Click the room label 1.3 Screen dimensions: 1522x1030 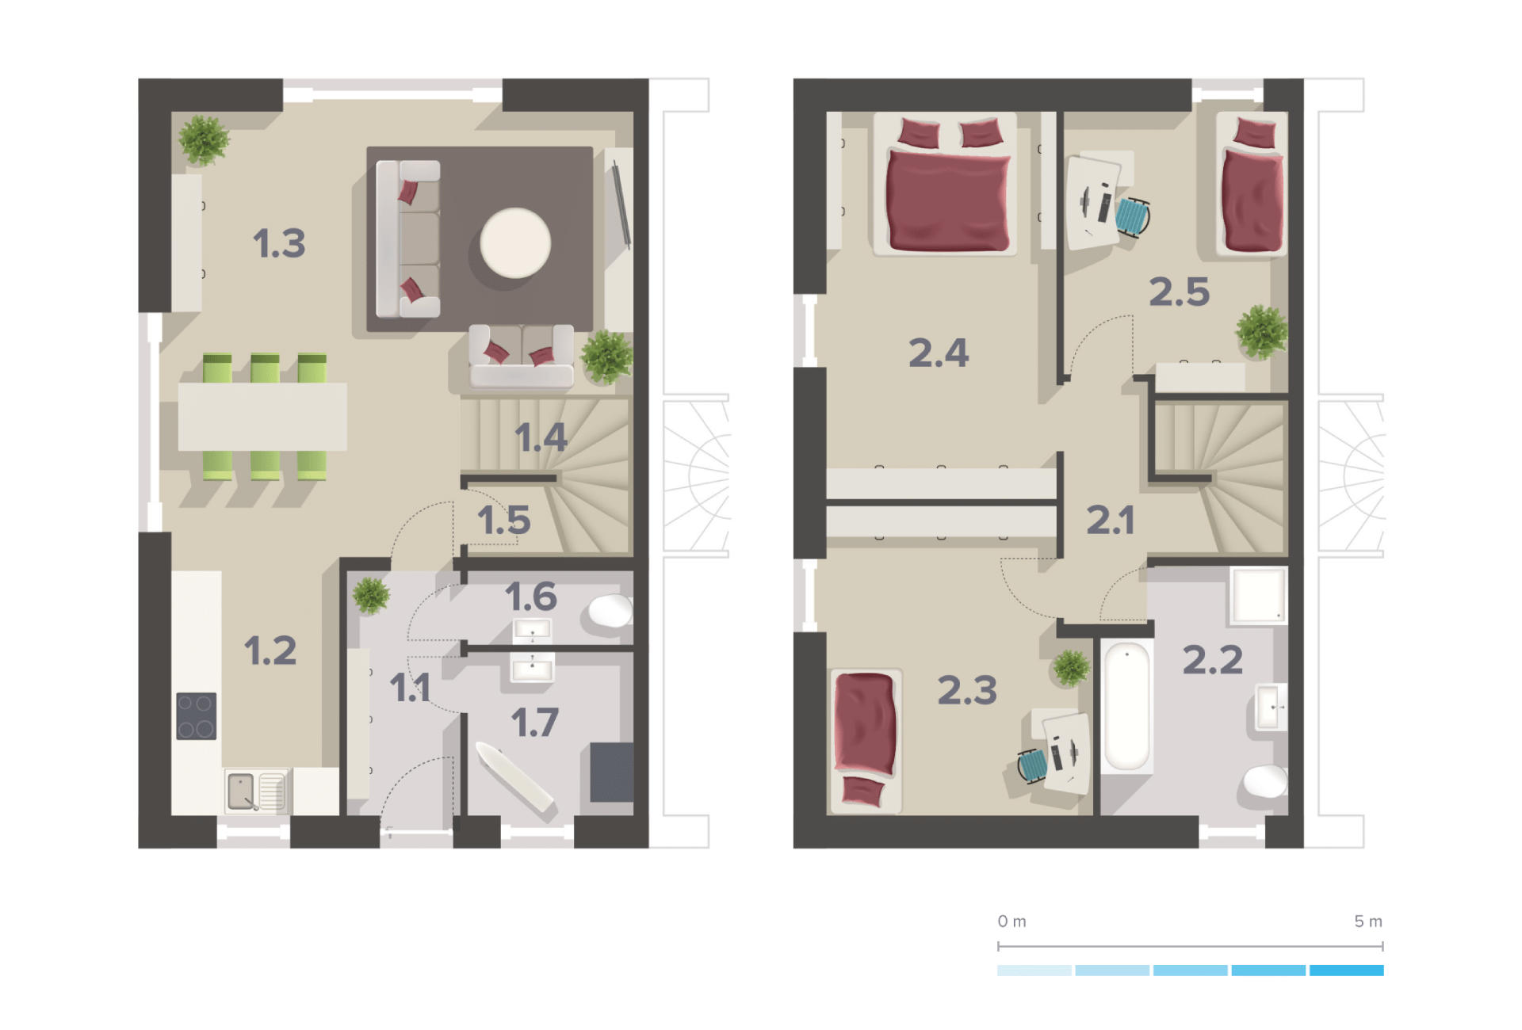[279, 243]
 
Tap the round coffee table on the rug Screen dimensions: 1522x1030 [515, 243]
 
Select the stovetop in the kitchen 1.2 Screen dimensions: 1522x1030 [196, 716]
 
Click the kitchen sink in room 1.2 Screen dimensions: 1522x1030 [256, 791]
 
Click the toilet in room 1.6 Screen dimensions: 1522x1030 [610, 611]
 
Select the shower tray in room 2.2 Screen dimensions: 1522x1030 [1258, 595]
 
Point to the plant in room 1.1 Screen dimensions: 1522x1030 [371, 596]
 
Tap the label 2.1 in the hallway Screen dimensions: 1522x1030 [1110, 521]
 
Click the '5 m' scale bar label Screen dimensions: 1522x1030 [1368, 921]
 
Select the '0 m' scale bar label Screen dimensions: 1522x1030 [1011, 921]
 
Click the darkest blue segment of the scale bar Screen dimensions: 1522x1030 [1346, 971]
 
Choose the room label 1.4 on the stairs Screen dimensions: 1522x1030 [541, 437]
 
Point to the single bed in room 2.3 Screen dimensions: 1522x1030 [866, 740]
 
